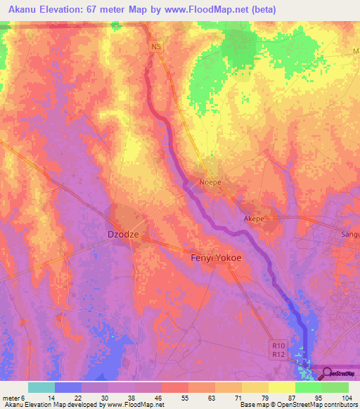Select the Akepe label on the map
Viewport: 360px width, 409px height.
click(x=253, y=219)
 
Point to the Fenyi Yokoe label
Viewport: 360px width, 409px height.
click(x=216, y=258)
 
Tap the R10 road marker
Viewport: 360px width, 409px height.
click(x=278, y=345)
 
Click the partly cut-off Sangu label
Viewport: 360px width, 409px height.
click(x=349, y=235)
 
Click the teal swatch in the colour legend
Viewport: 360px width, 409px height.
click(x=41, y=387)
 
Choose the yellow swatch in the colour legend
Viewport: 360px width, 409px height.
click(x=282, y=387)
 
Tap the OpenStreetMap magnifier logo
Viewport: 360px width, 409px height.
click(x=327, y=374)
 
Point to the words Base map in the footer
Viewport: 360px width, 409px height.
click(x=255, y=405)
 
